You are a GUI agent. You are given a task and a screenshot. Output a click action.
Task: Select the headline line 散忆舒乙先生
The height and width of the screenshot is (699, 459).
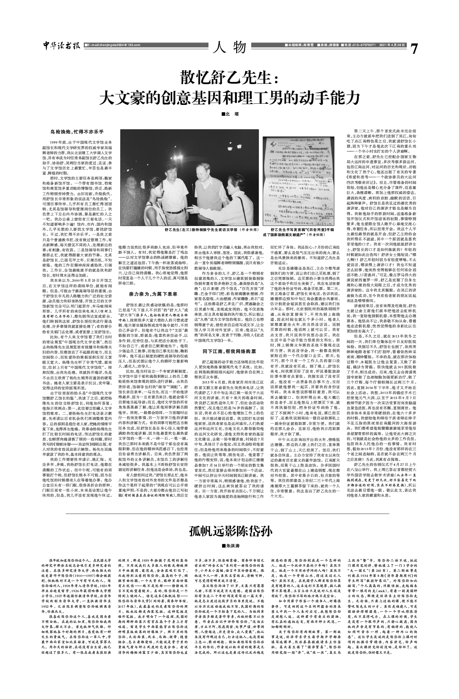coord(229,79)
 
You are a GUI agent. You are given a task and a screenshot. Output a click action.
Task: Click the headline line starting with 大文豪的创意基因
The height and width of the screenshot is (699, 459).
coord(229,97)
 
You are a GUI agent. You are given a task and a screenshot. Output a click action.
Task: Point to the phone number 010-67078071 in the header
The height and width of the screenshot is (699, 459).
coord(359,46)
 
